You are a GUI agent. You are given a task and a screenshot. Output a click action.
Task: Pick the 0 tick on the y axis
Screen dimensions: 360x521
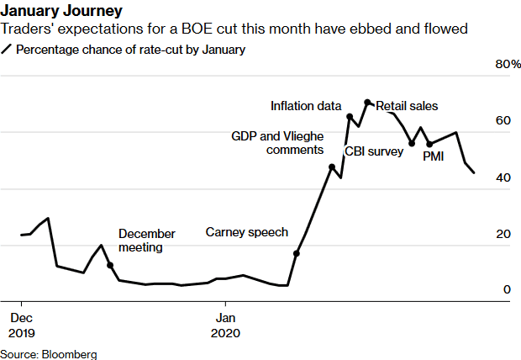[506, 289]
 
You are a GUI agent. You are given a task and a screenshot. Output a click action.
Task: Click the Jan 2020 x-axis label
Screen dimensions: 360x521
[224, 325]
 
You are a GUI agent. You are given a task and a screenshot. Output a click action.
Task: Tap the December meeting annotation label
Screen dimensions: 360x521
[146, 241]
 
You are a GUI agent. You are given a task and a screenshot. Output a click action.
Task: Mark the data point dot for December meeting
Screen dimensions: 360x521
[110, 265]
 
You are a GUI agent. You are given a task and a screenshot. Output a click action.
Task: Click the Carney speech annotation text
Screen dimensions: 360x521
[246, 232]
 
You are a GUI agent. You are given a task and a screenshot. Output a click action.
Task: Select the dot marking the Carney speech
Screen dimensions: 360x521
[296, 252]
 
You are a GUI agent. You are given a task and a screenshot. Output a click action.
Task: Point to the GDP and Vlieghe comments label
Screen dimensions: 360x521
[277, 143]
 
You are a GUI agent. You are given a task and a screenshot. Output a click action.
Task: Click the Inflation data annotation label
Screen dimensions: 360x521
[305, 106]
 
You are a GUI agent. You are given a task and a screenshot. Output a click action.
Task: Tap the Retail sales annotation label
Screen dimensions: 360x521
[407, 106]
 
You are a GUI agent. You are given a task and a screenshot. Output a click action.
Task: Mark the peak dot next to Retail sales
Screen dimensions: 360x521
[367, 103]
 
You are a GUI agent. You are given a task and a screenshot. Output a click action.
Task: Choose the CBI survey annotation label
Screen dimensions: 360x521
[374, 152]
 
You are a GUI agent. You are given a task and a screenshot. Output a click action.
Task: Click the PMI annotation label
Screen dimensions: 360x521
[433, 157]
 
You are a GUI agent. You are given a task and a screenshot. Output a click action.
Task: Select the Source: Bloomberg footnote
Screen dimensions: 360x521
[49, 354]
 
